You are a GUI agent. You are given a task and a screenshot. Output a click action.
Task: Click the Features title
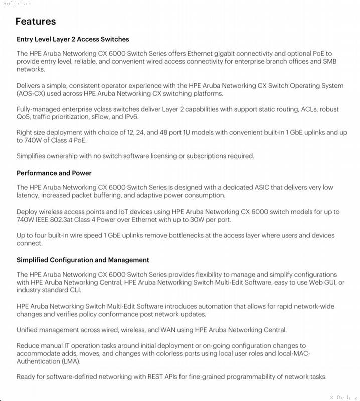click(36, 21)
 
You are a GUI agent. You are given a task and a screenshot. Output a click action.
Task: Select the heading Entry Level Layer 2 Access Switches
click(73, 39)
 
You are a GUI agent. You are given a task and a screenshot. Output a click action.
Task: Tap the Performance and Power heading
click(54, 173)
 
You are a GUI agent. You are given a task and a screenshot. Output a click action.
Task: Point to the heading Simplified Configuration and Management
click(83, 260)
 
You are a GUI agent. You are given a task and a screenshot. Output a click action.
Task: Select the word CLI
click(73, 290)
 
